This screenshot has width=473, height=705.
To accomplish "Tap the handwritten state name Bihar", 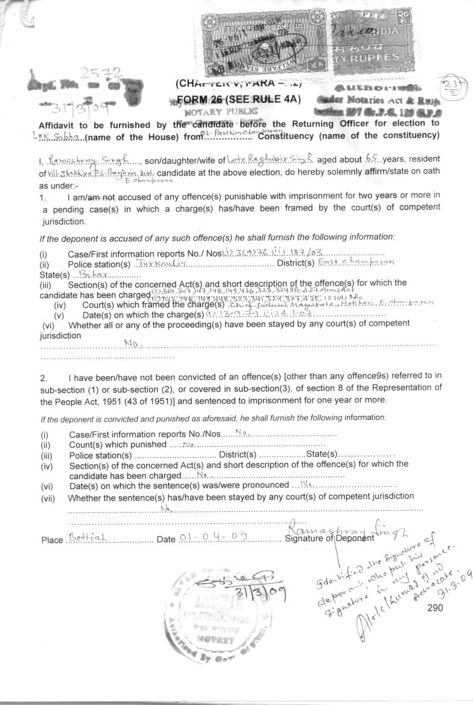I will (x=92, y=274).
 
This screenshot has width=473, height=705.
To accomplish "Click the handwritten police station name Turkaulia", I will (x=155, y=264).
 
